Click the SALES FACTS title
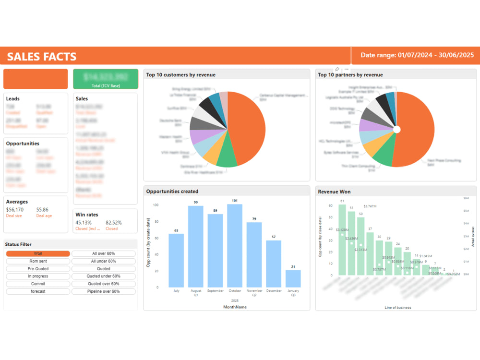click(x=42, y=57)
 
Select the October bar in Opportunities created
click(x=235, y=246)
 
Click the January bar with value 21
click(x=293, y=278)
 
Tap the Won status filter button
click(x=38, y=253)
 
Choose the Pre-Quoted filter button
click(x=38, y=269)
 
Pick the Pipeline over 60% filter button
click(x=103, y=291)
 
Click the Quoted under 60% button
click(x=103, y=276)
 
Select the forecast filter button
click(x=38, y=291)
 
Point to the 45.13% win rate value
click(x=84, y=223)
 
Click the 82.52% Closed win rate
click(x=114, y=223)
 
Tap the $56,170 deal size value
click(x=14, y=210)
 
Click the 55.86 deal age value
click(x=42, y=210)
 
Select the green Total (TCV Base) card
click(x=105, y=79)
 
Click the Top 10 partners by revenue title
click(x=350, y=75)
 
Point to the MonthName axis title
click(x=235, y=307)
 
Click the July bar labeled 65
click(x=176, y=260)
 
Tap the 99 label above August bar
click(x=196, y=202)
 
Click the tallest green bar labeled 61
click(x=342, y=240)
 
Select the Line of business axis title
click(x=398, y=307)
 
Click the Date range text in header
click(x=417, y=55)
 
